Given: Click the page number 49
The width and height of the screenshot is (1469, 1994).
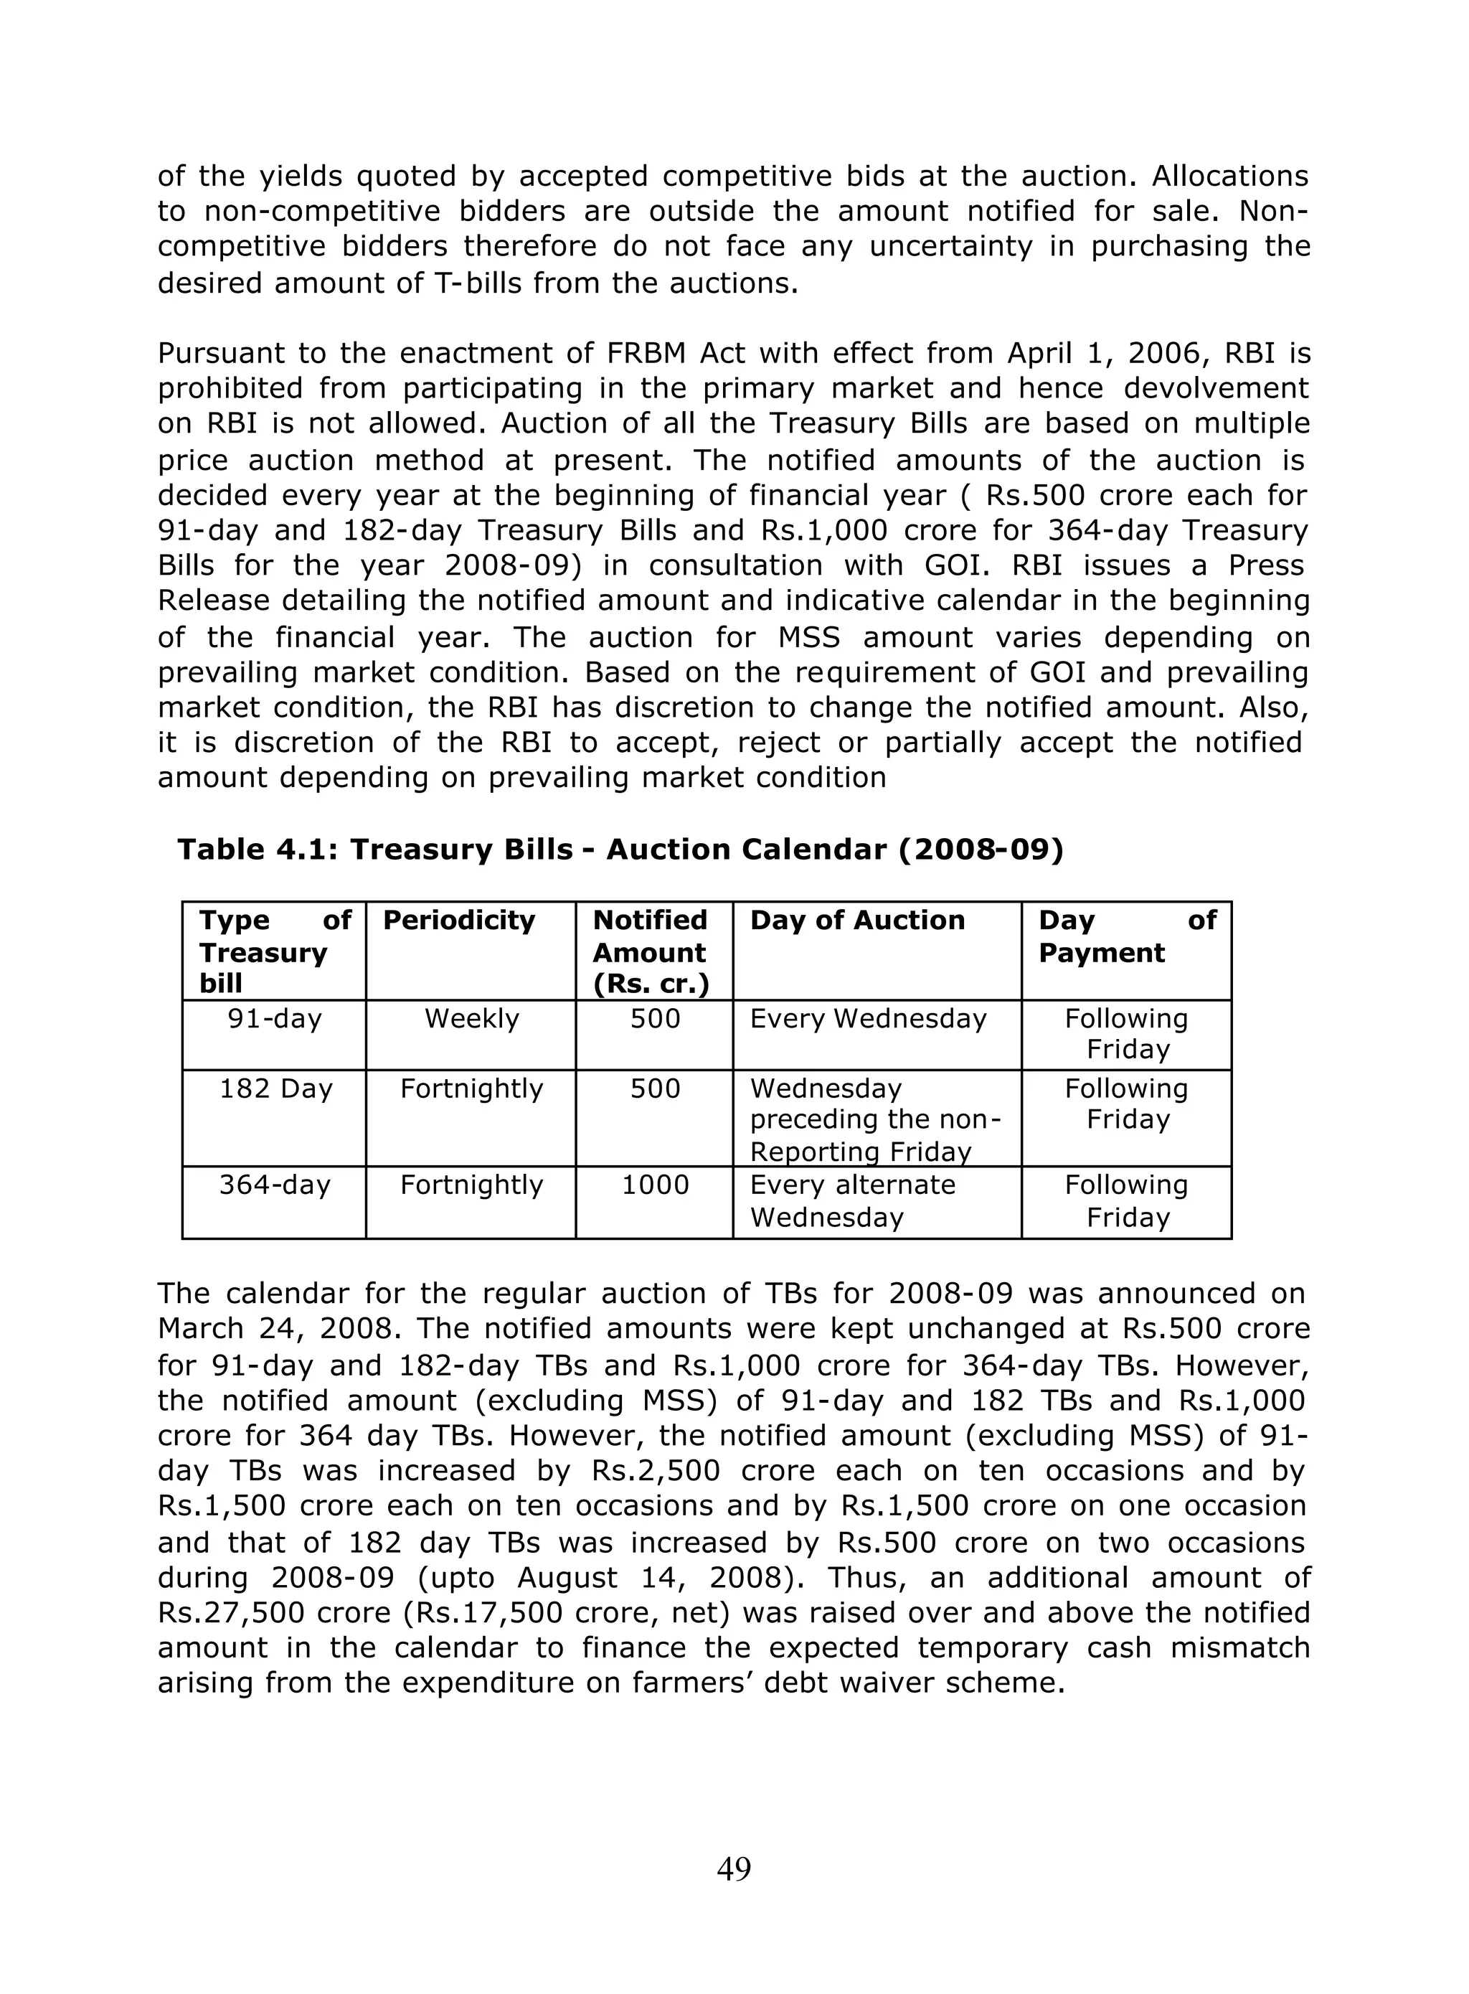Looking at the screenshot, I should coord(734,1868).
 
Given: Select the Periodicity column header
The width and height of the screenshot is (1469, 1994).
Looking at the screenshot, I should coord(459,921).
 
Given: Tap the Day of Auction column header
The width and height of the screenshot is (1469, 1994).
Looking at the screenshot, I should coord(857,921).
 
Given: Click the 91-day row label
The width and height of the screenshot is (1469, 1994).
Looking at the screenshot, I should coord(274,1018).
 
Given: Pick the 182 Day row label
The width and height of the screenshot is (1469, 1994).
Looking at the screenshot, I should coord(275,1088).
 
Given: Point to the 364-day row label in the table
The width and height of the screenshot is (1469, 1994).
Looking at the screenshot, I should coord(274,1185).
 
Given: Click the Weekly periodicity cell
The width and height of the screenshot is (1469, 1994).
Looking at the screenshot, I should coord(471,1018).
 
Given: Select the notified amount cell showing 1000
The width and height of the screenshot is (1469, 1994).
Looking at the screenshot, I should coord(656,1185).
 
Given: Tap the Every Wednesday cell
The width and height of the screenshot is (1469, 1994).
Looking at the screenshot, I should coord(868,1018).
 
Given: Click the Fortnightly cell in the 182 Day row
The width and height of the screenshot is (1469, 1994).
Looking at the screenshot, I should coord(471,1088).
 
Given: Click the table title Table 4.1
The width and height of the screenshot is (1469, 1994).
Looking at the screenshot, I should coord(620,850).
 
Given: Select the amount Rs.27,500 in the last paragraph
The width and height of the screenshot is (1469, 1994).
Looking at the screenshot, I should coord(227,1612).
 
